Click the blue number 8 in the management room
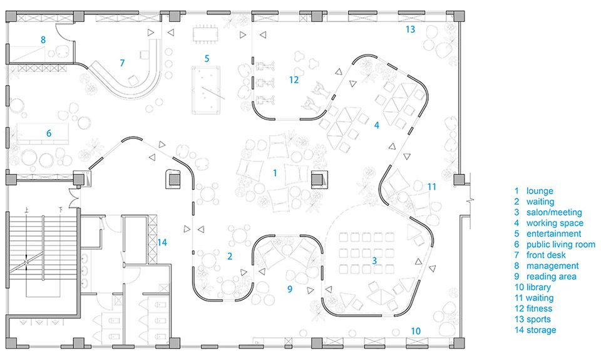43,39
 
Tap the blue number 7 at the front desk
123,63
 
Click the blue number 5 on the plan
206,58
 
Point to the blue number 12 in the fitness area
294,80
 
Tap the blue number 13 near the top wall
409,29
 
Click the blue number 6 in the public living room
48,133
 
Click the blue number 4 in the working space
376,125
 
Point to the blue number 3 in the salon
374,260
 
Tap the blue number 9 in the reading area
290,289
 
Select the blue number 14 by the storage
162,242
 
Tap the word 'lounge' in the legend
540,191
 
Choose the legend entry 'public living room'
560,244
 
